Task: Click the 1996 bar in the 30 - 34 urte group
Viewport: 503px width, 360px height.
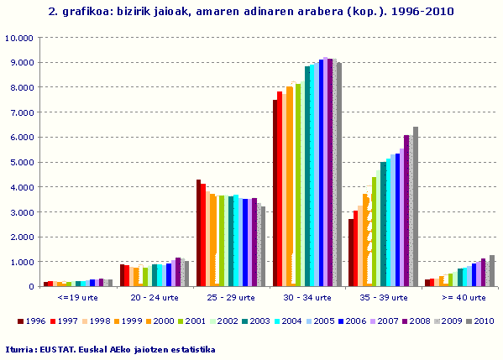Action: (275, 193)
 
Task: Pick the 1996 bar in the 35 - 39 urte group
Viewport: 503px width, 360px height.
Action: (351, 253)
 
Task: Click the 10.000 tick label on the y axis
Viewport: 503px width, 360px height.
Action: (18, 38)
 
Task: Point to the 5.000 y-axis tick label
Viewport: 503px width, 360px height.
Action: (20, 162)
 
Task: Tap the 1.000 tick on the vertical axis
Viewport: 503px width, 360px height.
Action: (20, 262)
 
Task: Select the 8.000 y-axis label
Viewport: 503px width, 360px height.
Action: (20, 87)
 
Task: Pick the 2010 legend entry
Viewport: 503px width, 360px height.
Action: (476, 321)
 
